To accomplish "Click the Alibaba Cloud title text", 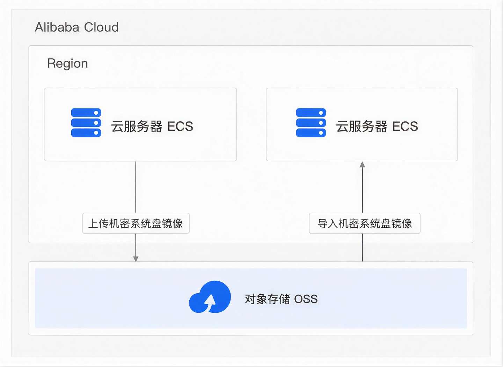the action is (76, 27).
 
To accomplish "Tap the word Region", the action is (67, 64).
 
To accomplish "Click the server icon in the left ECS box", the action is (86, 122).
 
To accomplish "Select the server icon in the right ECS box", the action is (311, 122).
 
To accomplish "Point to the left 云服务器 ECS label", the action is (152, 126).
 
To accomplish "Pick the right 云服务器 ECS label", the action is (377, 126).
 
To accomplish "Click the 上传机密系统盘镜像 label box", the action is (136, 223).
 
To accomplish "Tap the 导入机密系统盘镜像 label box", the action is (365, 223).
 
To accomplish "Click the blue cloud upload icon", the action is (210, 297).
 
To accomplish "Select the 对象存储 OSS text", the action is (281, 299).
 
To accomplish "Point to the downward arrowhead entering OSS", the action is (136, 259).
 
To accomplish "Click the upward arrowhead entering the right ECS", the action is (362, 165).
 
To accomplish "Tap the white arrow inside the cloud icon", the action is (210, 303).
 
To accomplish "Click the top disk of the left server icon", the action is (86, 113).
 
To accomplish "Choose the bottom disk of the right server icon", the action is (311, 132).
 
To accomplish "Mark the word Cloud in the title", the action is (101, 27).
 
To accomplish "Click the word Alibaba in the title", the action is (57, 27).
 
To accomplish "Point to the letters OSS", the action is (306, 299).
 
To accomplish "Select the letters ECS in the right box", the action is (405, 126).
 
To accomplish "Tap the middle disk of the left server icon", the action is (86, 123).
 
